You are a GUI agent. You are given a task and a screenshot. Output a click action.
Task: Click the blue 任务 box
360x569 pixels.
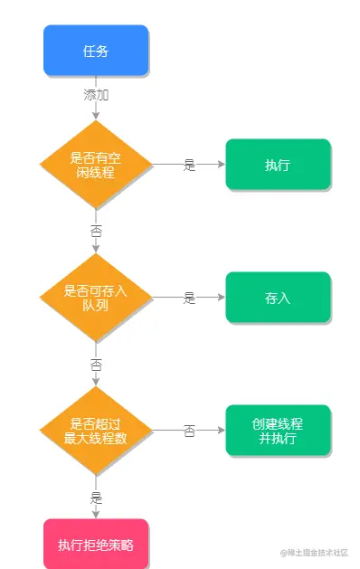(96, 51)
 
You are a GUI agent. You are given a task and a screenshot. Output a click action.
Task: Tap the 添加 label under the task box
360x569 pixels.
(96, 94)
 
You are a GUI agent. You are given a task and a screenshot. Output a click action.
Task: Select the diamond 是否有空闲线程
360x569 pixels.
(96, 165)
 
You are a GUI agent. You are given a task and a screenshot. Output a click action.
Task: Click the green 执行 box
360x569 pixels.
(278, 165)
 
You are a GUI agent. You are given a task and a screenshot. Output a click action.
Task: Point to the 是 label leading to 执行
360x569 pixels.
(189, 165)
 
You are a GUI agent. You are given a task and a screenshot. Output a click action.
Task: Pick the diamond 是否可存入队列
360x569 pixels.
(96, 298)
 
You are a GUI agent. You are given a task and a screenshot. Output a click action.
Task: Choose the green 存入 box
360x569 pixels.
(278, 298)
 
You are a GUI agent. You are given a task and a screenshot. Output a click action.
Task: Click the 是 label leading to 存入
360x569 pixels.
(189, 298)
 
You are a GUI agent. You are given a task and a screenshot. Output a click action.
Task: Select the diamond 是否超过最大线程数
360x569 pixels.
(96, 431)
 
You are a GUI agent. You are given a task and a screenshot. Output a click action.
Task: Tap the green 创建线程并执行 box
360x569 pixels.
(278, 431)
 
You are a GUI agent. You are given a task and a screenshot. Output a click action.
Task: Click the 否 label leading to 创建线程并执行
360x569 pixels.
(189, 431)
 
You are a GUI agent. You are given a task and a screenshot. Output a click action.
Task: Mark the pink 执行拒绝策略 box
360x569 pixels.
(96, 544)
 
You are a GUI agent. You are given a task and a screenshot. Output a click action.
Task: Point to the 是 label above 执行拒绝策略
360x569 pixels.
(96, 498)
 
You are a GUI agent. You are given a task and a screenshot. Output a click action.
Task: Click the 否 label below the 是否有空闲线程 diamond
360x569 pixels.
(96, 232)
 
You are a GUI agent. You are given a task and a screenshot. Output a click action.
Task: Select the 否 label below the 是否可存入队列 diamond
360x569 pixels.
(96, 365)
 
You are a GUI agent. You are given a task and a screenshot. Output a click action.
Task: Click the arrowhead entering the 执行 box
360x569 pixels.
(221, 165)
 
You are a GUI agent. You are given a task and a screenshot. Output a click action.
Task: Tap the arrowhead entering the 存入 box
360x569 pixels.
(221, 298)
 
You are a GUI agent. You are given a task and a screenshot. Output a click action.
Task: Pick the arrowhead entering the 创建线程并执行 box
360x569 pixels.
(221, 431)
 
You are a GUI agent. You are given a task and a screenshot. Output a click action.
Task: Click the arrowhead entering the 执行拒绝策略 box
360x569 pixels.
(96, 515)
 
